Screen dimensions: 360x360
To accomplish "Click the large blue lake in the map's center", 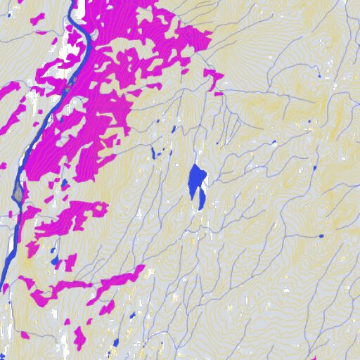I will coord(195,179).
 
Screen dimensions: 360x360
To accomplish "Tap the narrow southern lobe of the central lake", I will coord(202,200).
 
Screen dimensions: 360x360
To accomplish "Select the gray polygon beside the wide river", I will coord(18,191).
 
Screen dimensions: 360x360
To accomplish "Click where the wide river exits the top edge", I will coord(72,2).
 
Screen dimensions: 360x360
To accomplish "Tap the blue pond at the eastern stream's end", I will coord(321,236).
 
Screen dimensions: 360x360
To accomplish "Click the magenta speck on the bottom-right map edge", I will coord(315,358).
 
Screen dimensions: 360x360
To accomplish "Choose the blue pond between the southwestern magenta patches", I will coord(54,262).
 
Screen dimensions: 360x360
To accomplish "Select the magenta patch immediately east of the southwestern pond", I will coord(70,263).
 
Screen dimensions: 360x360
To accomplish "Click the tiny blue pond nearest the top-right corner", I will coord(319,75).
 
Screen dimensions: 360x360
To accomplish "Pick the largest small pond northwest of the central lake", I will coord(153,152).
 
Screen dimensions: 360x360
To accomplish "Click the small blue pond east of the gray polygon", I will coord(65,184).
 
